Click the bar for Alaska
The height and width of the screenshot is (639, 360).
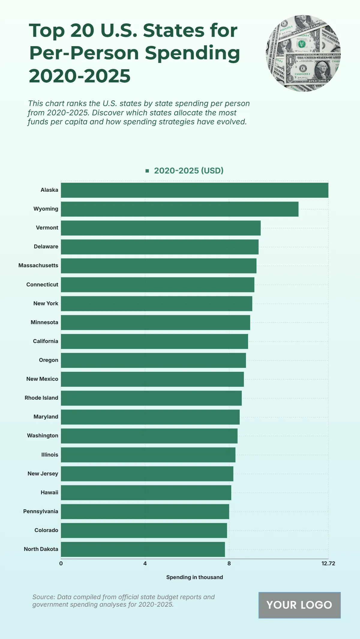pyautogui.click(x=194, y=190)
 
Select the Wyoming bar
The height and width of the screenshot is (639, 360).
pyautogui.click(x=179, y=209)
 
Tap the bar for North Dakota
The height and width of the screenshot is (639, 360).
pyautogui.click(x=143, y=549)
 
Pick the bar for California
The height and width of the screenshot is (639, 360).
pyautogui.click(x=154, y=342)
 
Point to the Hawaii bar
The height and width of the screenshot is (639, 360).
pyautogui.click(x=146, y=493)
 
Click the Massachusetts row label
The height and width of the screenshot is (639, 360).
pyautogui.click(x=38, y=265)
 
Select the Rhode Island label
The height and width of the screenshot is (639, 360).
pyautogui.click(x=41, y=398)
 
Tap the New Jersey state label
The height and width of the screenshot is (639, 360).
pyautogui.click(x=43, y=474)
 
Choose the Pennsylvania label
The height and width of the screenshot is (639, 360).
pyautogui.click(x=41, y=511)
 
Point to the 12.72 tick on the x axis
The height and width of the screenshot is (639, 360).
pyautogui.click(x=328, y=564)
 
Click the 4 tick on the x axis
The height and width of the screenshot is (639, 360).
pyautogui.click(x=145, y=564)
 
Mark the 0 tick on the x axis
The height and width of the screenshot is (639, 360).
pyautogui.click(x=61, y=564)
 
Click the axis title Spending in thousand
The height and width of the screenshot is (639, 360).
pyautogui.click(x=194, y=577)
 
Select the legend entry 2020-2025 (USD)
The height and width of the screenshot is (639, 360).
pyautogui.click(x=189, y=171)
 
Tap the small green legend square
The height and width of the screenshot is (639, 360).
pyautogui.click(x=147, y=171)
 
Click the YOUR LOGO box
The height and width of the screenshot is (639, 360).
pyautogui.click(x=299, y=605)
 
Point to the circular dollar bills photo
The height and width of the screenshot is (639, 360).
pyautogui.click(x=303, y=53)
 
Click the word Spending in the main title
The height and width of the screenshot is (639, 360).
pyautogui.click(x=193, y=53)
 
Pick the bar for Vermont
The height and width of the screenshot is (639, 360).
pyautogui.click(x=160, y=228)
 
